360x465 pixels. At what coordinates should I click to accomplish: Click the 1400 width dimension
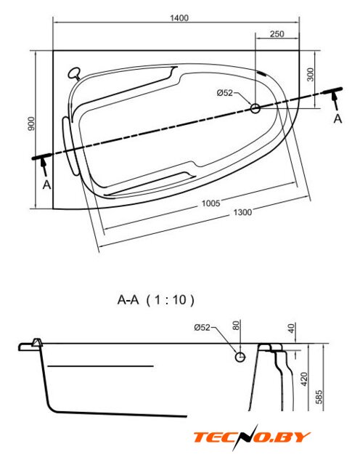179,18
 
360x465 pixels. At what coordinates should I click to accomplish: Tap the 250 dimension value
277,34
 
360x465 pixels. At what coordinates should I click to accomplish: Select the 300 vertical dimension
310,75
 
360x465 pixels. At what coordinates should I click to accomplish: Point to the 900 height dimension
31,124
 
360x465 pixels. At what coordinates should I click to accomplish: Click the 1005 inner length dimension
211,203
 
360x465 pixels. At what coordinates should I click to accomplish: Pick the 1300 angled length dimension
242,212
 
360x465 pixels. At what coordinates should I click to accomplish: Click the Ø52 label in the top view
224,93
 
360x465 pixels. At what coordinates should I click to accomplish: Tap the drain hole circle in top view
255,108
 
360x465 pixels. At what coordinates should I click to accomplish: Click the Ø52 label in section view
202,328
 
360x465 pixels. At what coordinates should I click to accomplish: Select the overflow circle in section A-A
240,357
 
